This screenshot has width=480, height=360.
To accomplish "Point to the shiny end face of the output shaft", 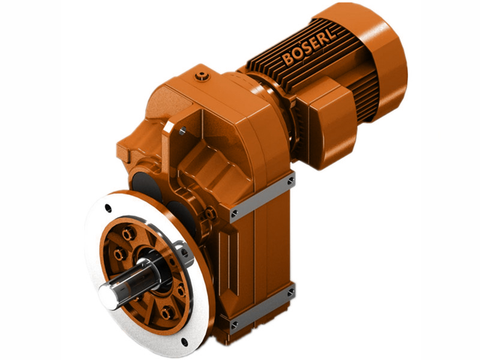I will pos(106,293).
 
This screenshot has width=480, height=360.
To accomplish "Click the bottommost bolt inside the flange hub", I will pos(167,313).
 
